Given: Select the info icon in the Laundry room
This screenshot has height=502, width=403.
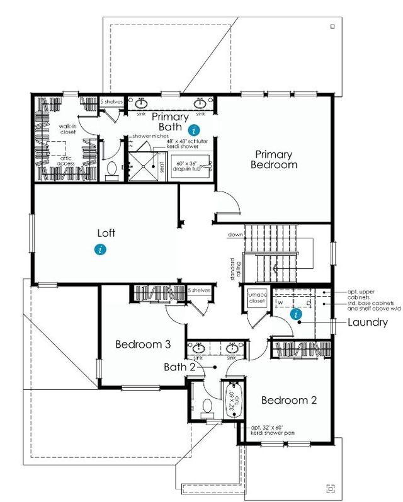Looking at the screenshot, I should point(293,314).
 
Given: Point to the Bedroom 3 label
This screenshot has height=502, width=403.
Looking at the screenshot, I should point(143,345).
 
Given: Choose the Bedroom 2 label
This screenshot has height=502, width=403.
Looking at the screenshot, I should point(288,400).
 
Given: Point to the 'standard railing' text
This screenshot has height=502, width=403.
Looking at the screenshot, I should point(235,268).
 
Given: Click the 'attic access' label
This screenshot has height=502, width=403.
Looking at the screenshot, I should point(65,160).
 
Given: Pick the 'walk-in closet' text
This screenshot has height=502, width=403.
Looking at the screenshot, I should point(68,130).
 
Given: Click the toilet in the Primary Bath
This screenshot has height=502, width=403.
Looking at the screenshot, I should point(113,169).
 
